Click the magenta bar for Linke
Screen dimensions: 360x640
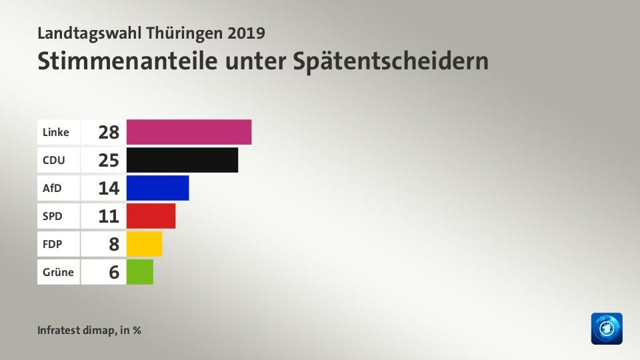click(189, 132)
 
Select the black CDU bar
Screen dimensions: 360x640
click(182, 160)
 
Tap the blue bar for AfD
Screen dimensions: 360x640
click(157, 188)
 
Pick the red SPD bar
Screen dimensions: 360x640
click(151, 216)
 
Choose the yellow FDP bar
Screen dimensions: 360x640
click(144, 244)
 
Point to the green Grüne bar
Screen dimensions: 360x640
click(139, 272)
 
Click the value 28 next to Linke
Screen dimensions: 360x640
click(108, 132)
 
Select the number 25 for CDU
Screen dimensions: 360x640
click(108, 160)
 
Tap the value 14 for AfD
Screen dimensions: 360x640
click(108, 188)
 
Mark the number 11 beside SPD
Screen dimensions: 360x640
click(108, 216)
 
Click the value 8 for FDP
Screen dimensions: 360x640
click(113, 244)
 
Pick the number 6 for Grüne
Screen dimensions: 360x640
click(113, 272)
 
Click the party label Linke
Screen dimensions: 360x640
click(55, 132)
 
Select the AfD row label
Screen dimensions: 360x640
click(52, 188)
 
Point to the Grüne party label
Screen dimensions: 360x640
click(57, 272)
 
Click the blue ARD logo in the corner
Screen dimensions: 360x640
click(606, 329)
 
